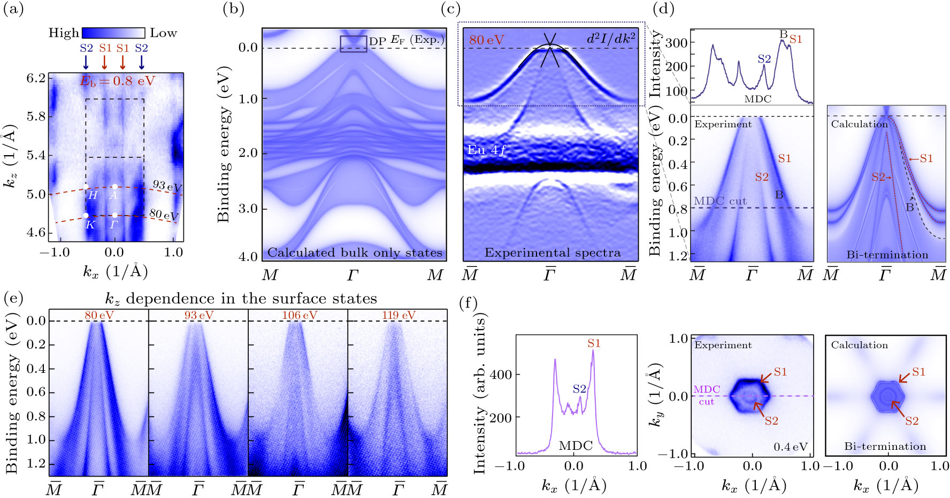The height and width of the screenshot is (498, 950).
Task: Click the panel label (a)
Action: [x=13, y=9]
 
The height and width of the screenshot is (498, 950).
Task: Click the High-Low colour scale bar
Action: [x=113, y=33]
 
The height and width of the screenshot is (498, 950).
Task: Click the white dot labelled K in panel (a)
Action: [x=86, y=216]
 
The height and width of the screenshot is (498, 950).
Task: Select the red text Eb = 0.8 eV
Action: [x=117, y=81]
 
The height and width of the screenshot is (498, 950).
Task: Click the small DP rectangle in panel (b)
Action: [x=354, y=44]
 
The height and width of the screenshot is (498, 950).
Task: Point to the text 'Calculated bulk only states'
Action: [x=355, y=252]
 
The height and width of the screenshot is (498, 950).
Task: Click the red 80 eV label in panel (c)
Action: [x=486, y=40]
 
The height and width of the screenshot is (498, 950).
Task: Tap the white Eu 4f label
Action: [x=486, y=150]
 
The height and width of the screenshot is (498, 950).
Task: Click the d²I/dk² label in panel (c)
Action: [x=611, y=39]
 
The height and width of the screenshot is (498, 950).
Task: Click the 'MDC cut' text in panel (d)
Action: [x=720, y=201]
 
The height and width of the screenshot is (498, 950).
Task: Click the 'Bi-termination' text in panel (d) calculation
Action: [x=887, y=255]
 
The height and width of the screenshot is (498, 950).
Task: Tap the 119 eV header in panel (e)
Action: [x=399, y=315]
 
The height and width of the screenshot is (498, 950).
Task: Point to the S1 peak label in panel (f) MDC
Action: [x=594, y=343]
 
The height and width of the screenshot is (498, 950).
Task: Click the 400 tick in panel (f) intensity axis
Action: [x=501, y=374]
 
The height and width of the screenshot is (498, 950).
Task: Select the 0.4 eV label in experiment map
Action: [x=790, y=447]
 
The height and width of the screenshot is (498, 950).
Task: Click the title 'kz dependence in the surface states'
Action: [x=241, y=298]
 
